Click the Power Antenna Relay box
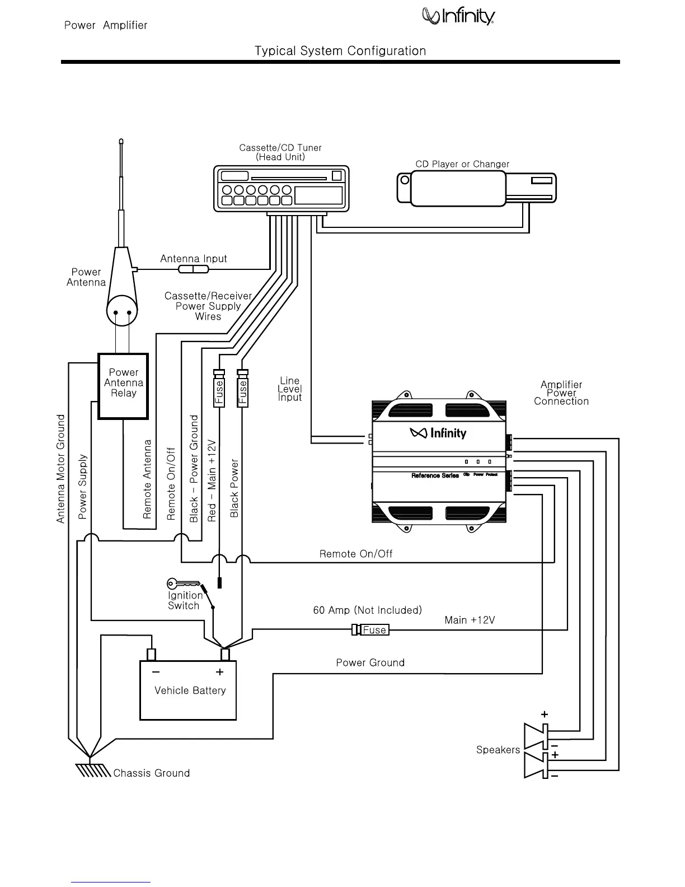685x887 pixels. (123, 386)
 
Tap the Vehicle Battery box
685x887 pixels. (188, 690)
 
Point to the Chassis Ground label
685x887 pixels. (151, 773)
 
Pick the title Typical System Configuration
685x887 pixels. (340, 51)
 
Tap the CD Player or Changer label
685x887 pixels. (462, 164)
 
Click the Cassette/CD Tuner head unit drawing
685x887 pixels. (281, 189)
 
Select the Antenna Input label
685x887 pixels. (194, 259)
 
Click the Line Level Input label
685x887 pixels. (290, 389)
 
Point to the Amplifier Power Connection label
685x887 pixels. (561, 393)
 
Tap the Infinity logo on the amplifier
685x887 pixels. (438, 433)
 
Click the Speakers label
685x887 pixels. (498, 750)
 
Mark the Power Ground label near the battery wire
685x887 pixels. (370, 663)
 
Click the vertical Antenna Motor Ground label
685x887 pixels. (61, 469)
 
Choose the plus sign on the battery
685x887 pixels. (220, 672)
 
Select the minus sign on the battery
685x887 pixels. (156, 672)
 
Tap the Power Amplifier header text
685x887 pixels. (106, 25)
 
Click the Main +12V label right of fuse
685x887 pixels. (470, 620)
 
